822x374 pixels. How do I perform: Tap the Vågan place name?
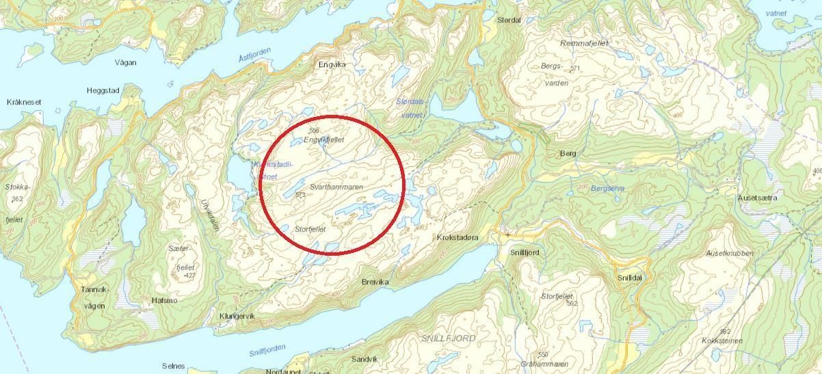click(125, 62)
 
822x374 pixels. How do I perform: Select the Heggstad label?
click(103, 90)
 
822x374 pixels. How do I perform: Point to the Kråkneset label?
click(24, 102)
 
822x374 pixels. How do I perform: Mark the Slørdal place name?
click(509, 20)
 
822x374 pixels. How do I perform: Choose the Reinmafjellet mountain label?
click(584, 43)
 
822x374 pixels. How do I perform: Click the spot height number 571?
click(574, 68)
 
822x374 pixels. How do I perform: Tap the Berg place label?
click(568, 153)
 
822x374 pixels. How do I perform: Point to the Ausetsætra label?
click(757, 198)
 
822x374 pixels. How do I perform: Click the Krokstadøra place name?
click(458, 237)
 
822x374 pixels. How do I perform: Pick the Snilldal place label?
click(629, 278)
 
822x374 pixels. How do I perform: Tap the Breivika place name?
click(375, 282)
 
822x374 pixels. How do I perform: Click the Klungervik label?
click(237, 316)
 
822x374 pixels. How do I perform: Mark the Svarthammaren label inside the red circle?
click(336, 186)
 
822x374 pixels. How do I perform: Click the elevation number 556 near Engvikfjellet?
click(314, 130)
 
